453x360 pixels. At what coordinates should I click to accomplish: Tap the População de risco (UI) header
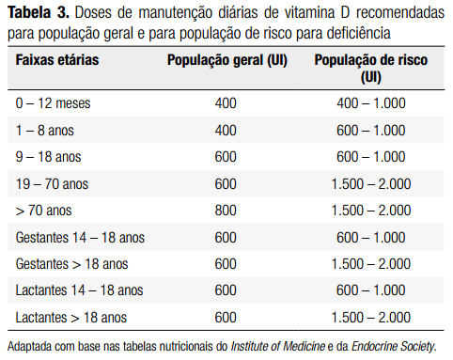[370, 68]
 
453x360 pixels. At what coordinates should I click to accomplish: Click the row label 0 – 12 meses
[54, 102]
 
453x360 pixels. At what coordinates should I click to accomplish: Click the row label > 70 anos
[43, 211]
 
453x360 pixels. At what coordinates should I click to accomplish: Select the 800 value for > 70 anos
[226, 211]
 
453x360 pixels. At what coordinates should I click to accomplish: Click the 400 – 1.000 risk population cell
[370, 102]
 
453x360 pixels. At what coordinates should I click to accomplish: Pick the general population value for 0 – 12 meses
[226, 102]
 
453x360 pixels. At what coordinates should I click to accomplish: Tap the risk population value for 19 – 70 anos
[370, 183]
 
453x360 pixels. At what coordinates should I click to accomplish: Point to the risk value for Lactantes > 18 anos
[370, 318]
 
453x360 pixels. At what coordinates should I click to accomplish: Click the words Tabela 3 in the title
[39, 14]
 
